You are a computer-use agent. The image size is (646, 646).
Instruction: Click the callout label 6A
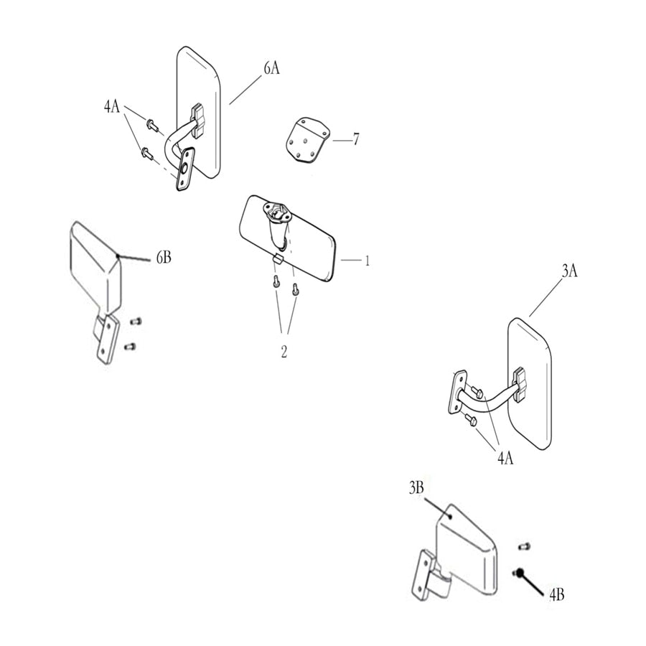(x=271, y=68)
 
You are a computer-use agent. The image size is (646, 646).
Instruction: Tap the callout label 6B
(x=164, y=258)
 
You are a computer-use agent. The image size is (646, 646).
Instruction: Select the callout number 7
(x=356, y=139)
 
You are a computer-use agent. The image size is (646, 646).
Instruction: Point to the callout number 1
(x=367, y=261)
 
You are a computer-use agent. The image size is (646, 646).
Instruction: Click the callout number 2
(x=284, y=352)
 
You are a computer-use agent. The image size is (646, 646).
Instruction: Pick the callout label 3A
(x=570, y=271)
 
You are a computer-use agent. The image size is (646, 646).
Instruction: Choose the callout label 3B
(x=416, y=488)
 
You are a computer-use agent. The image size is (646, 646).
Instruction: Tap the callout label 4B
(x=556, y=594)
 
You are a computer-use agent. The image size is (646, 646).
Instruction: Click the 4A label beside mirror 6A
(x=112, y=106)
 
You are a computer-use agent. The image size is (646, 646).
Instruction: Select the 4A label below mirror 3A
(x=505, y=458)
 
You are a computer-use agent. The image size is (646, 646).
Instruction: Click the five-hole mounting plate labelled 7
(x=308, y=140)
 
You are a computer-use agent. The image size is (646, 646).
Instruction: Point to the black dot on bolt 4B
(x=520, y=572)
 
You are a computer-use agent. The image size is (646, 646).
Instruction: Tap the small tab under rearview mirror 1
(x=278, y=258)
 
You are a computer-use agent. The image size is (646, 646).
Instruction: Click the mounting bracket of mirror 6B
(x=106, y=339)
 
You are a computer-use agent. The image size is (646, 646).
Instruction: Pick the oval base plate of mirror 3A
(x=457, y=392)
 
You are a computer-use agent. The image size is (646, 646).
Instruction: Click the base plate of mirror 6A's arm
(x=184, y=169)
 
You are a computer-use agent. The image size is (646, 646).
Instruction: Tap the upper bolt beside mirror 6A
(x=153, y=124)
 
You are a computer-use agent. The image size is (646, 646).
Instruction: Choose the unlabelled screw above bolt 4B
(x=524, y=546)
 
